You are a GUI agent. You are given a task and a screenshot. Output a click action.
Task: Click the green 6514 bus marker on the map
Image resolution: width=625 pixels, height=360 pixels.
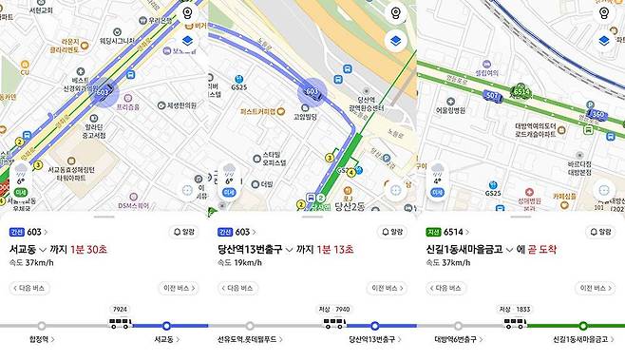point(521,92)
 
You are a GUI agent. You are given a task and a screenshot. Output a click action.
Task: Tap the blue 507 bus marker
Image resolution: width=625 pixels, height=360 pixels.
point(492,96)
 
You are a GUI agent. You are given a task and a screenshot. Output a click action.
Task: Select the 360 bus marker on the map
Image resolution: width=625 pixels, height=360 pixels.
point(597,114)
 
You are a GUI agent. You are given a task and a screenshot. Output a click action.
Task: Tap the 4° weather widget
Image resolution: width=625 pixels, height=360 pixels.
point(438,174)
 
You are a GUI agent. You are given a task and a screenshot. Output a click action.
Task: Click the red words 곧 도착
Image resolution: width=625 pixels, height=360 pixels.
point(539,249)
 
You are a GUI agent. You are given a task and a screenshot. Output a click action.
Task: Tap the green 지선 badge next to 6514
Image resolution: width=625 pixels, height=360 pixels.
point(431,232)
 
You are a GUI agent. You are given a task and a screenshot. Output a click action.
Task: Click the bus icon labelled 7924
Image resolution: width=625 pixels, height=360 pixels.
point(120,323)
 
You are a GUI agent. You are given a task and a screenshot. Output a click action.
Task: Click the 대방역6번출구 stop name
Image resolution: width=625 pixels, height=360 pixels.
point(457,338)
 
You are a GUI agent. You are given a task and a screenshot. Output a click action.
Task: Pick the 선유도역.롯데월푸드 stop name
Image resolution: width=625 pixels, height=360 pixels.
point(250,338)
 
